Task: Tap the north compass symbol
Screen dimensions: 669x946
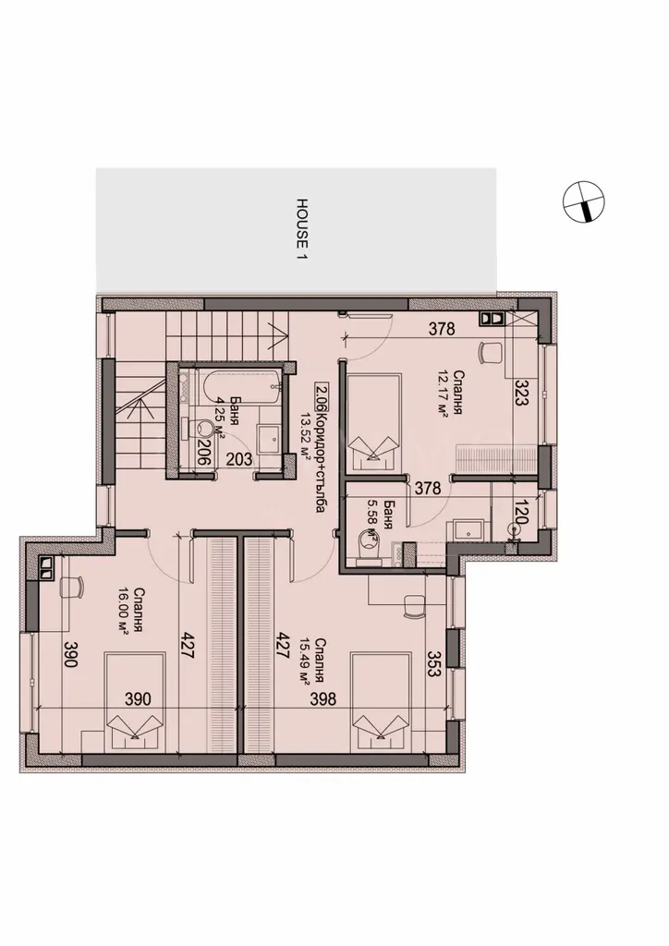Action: pyautogui.click(x=583, y=201)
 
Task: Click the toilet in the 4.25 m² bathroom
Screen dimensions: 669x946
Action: pyautogui.click(x=201, y=430)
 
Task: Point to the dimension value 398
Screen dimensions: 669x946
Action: pyautogui.click(x=322, y=698)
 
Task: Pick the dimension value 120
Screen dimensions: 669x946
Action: pyautogui.click(x=521, y=513)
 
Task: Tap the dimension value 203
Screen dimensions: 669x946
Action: pyautogui.click(x=239, y=460)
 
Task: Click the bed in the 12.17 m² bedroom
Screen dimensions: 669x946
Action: pyautogui.click(x=374, y=421)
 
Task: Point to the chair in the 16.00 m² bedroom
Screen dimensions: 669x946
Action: pyautogui.click(x=72, y=586)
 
